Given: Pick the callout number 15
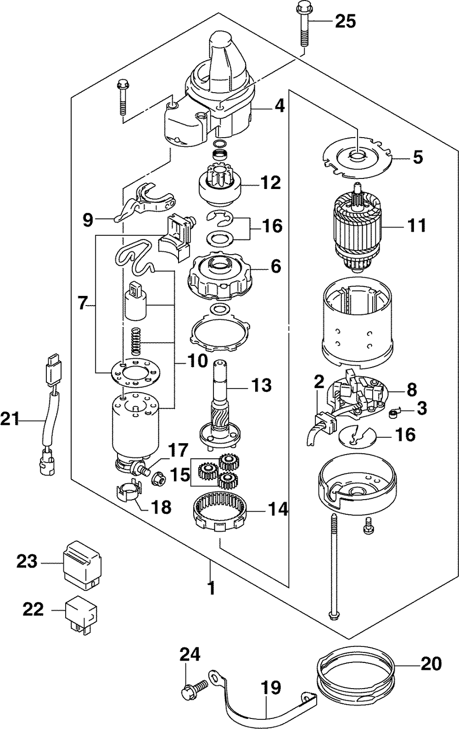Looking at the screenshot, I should pyautogui.click(x=180, y=474).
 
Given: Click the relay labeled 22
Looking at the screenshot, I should pyautogui.click(x=81, y=612).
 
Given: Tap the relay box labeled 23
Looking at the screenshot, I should pyautogui.click(x=82, y=563).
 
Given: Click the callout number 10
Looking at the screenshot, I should pyautogui.click(x=197, y=362).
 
